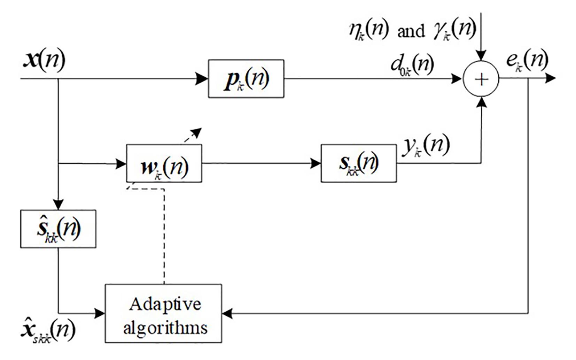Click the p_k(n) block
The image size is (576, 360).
[x=246, y=79]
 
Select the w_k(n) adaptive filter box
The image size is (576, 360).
[x=164, y=163]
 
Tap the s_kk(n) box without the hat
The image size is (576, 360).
[x=358, y=163]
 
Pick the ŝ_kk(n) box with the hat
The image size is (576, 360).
[x=58, y=229]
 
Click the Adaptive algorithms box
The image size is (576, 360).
[x=163, y=313]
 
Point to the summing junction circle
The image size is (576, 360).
[x=481, y=79]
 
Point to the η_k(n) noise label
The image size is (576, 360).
[x=368, y=30]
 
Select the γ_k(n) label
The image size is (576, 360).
[x=454, y=30]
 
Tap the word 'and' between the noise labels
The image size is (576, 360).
[x=411, y=31]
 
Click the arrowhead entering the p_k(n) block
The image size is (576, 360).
[x=202, y=79]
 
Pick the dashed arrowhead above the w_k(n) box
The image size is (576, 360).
[x=197, y=132]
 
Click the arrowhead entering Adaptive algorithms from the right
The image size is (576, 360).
[x=227, y=313]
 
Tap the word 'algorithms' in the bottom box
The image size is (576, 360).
[x=165, y=328]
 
